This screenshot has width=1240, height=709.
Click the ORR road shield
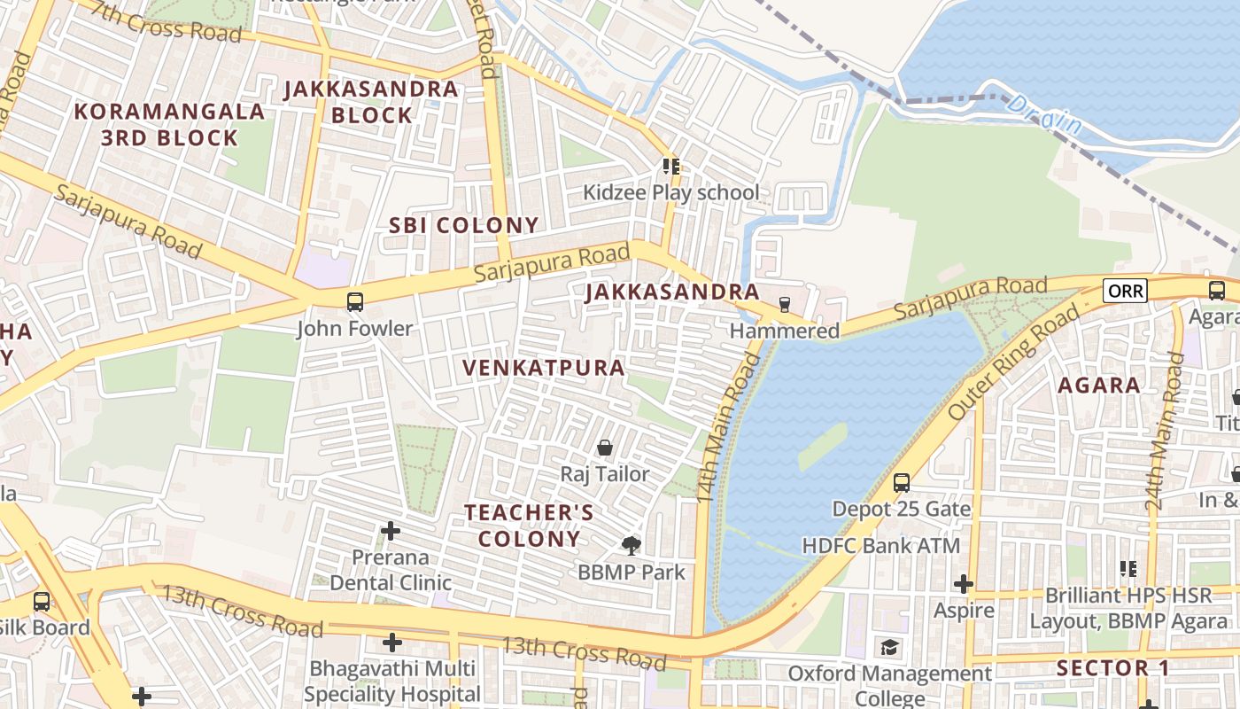click(x=1125, y=290)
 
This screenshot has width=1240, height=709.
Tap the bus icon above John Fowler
click(x=355, y=301)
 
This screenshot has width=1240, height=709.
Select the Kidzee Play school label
click(x=670, y=192)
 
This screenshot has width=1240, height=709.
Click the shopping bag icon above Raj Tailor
click(x=605, y=448)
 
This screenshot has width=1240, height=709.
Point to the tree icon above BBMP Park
click(x=631, y=545)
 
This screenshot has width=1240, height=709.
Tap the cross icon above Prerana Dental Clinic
click(x=390, y=531)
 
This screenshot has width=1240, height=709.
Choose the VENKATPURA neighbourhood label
click(x=544, y=367)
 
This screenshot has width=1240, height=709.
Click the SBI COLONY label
click(x=463, y=225)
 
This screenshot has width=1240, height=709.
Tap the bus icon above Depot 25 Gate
click(x=902, y=483)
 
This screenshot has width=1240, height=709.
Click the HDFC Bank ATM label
click(x=880, y=545)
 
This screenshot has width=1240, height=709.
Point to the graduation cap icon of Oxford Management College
click(x=889, y=648)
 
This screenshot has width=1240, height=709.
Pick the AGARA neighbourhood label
click(x=1099, y=386)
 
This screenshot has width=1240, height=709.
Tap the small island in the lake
click(x=823, y=446)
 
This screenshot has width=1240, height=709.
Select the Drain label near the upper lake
click(x=1045, y=116)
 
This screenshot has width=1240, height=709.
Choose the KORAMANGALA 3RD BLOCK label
click(x=169, y=125)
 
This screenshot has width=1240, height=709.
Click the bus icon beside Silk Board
click(x=42, y=602)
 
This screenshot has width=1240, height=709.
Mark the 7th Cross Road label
click(x=166, y=22)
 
